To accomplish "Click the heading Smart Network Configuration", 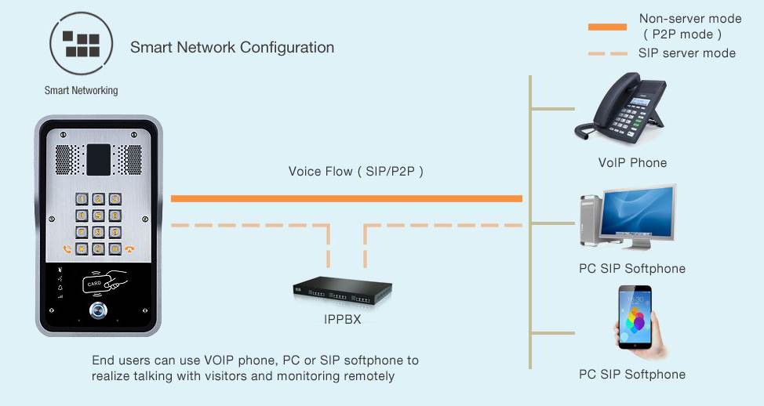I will [232, 48].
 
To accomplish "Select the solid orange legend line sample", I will [607, 27].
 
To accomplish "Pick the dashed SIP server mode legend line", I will [607, 53].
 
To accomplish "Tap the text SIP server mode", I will [687, 53].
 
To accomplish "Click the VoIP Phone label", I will [632, 163].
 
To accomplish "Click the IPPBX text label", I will [342, 320].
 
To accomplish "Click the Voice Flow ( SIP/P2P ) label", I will [355, 172].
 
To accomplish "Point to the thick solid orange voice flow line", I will [346, 198].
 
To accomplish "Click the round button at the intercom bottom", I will [99, 310].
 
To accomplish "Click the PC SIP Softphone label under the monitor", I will [632, 269].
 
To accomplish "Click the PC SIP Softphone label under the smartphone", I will [632, 375].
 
